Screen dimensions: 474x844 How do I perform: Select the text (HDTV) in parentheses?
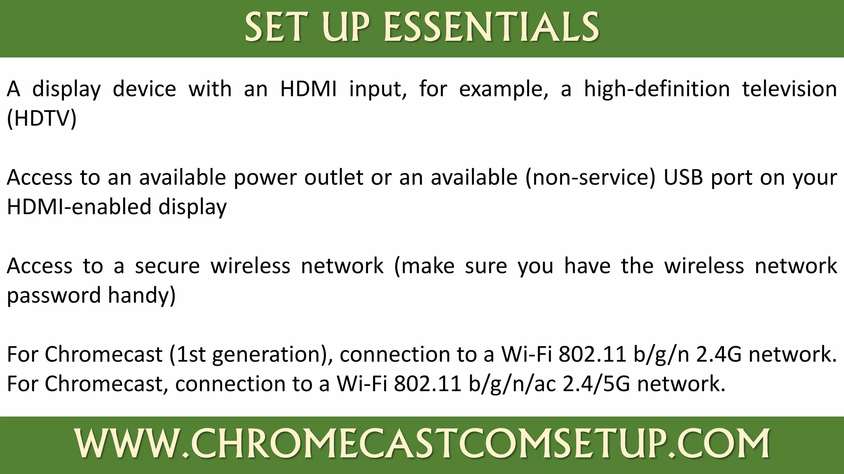tap(42, 118)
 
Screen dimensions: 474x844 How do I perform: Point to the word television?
tap(789, 89)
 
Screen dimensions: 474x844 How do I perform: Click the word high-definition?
tap(657, 89)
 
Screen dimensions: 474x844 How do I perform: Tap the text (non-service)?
tap(590, 178)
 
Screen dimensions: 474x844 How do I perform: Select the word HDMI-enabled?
tap(78, 207)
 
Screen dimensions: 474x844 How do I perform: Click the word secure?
tap(167, 266)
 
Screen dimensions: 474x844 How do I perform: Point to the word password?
tap(54, 295)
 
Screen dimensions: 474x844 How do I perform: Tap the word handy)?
tap(142, 295)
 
